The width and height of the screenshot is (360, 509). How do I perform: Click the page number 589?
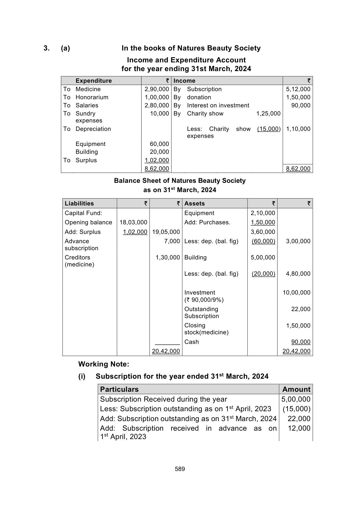click(x=180, y=469)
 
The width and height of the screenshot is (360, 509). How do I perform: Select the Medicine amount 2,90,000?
click(x=157, y=89)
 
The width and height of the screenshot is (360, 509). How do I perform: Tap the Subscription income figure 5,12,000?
click(x=298, y=89)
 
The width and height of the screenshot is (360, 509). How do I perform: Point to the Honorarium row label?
click(x=92, y=97)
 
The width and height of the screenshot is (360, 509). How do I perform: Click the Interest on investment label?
click(x=218, y=105)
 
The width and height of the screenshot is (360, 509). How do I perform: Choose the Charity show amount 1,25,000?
click(x=268, y=113)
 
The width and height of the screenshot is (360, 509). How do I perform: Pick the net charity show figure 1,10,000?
click(x=298, y=129)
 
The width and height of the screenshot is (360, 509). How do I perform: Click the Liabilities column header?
click(x=79, y=203)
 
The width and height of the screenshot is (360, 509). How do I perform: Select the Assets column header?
click(x=194, y=203)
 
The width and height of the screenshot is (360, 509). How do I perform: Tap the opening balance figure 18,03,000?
click(x=133, y=222)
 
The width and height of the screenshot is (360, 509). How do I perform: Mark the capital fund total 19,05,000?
click(x=166, y=232)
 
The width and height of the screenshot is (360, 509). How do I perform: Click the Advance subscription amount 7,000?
click(x=172, y=241)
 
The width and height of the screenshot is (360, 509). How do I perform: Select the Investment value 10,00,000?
click(x=296, y=293)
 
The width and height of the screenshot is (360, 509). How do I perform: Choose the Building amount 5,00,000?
click(x=263, y=257)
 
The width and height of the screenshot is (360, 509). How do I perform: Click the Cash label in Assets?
click(x=191, y=342)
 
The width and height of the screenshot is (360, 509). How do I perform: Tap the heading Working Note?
click(x=104, y=364)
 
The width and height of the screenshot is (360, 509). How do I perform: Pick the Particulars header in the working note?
click(x=119, y=389)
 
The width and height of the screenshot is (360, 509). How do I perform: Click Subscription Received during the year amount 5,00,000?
click(x=296, y=399)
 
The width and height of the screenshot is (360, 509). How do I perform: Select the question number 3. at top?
click(x=46, y=48)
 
